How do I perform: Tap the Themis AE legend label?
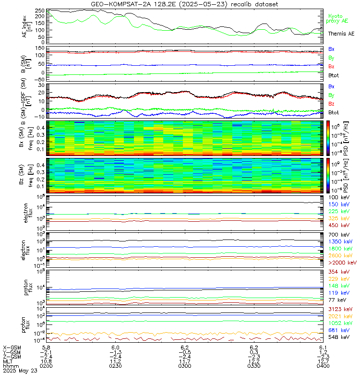[x=341, y=34]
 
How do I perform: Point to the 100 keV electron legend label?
[x=338, y=198]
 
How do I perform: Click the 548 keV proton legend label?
[x=338, y=337]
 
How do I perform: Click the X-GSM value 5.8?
[x=47, y=347]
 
